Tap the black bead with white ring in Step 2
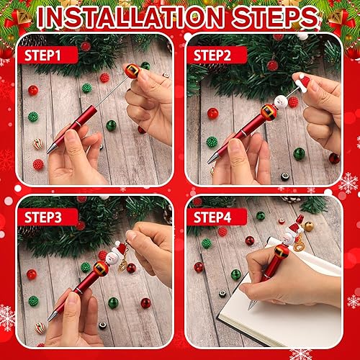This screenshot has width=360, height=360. click(x=286, y=176)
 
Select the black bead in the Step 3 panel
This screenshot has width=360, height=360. click(x=102, y=325)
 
